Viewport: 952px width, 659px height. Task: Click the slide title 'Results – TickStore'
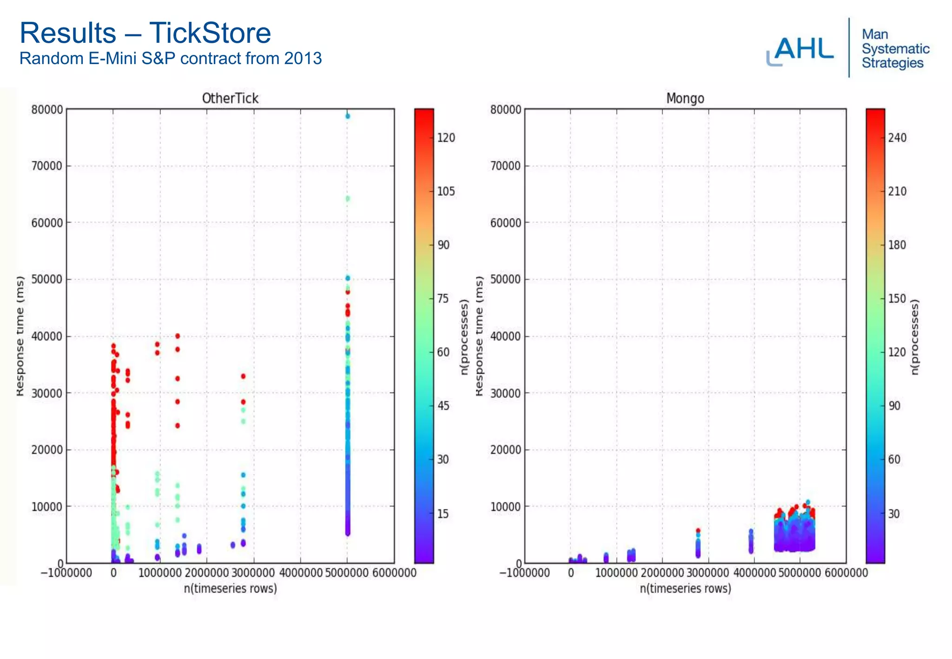(x=145, y=33)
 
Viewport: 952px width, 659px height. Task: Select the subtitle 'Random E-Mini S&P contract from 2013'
(x=170, y=59)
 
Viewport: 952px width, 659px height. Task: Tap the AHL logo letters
(x=803, y=49)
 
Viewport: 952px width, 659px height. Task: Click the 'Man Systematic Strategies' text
(x=895, y=49)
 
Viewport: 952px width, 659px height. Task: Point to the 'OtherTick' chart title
(x=230, y=99)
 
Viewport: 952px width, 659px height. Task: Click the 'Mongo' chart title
(x=685, y=99)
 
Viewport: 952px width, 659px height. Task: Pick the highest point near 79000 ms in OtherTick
(x=348, y=116)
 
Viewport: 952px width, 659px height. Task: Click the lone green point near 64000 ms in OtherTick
(x=348, y=199)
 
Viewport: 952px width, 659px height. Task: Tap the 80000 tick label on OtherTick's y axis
(x=46, y=110)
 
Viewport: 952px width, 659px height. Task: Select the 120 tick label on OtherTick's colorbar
(x=446, y=138)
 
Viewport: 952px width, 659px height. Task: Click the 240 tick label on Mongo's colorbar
(x=897, y=138)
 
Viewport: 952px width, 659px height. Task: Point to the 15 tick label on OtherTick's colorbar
(x=443, y=514)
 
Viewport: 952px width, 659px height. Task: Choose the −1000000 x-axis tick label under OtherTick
(x=66, y=573)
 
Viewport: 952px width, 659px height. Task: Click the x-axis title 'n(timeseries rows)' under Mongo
(x=685, y=589)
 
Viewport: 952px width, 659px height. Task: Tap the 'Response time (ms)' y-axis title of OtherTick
(x=20, y=336)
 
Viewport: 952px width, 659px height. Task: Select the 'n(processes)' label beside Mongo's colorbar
(x=915, y=337)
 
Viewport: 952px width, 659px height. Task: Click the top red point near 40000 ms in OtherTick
(x=177, y=336)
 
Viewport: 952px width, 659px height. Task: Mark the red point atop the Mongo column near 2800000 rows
(x=698, y=530)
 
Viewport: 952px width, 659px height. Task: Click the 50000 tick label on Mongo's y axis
(x=505, y=279)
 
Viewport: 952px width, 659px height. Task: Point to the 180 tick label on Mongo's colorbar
(x=897, y=245)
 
